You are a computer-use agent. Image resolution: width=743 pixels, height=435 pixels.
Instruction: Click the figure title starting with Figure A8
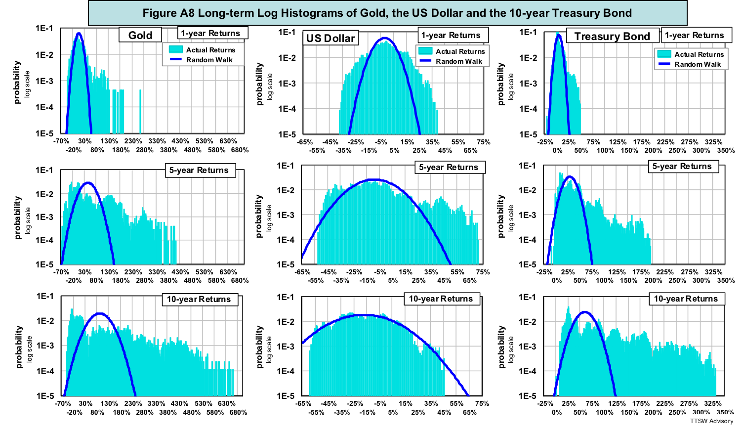pyautogui.click(x=387, y=13)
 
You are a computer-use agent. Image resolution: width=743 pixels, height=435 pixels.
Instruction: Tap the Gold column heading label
pyautogui.click(x=140, y=35)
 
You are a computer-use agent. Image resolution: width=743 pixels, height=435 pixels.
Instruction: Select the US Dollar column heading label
pyautogui.click(x=330, y=38)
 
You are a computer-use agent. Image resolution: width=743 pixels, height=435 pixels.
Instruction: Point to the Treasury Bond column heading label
pyautogui.click(x=612, y=36)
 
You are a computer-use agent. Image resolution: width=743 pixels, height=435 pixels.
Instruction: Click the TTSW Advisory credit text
pyautogui.click(x=711, y=421)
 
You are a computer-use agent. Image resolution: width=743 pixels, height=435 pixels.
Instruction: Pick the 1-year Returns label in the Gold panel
pyautogui.click(x=210, y=33)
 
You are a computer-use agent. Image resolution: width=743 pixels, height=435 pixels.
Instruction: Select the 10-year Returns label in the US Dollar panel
pyautogui.click(x=441, y=299)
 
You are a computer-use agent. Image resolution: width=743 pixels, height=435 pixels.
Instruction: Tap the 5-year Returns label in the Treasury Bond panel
pyautogui.click(x=682, y=167)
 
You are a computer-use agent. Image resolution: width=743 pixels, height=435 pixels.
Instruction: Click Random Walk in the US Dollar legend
pyautogui.click(x=458, y=61)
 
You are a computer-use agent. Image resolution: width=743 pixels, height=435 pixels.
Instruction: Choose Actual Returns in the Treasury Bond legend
pyautogui.click(x=699, y=54)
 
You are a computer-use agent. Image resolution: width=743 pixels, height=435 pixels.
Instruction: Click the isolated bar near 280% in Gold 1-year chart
pyautogui.click(x=140, y=111)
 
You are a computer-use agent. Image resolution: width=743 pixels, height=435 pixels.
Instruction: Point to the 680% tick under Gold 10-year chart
pyautogui.click(x=238, y=412)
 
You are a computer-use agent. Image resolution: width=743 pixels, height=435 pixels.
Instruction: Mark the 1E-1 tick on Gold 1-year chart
pyautogui.click(x=44, y=29)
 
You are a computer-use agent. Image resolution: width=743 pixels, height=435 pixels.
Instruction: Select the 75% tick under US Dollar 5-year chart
pyautogui.click(x=483, y=272)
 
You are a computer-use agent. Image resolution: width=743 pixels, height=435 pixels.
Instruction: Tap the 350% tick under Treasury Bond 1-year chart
pyautogui.click(x=726, y=150)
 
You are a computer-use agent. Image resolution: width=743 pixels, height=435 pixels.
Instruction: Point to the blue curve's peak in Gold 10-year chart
pyautogui.click(x=100, y=313)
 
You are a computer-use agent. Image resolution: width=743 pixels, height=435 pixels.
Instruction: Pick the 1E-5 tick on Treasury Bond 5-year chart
pyautogui.click(x=528, y=264)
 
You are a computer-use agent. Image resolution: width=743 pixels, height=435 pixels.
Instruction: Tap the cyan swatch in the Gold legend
pyautogui.click(x=175, y=49)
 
